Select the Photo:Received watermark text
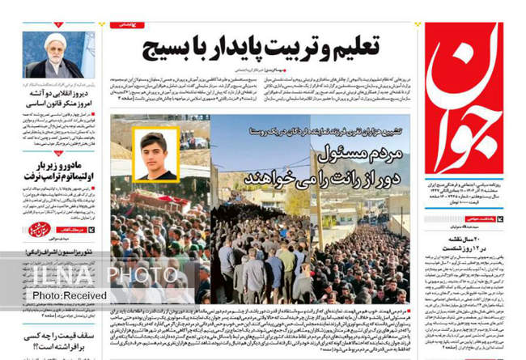[62, 296]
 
